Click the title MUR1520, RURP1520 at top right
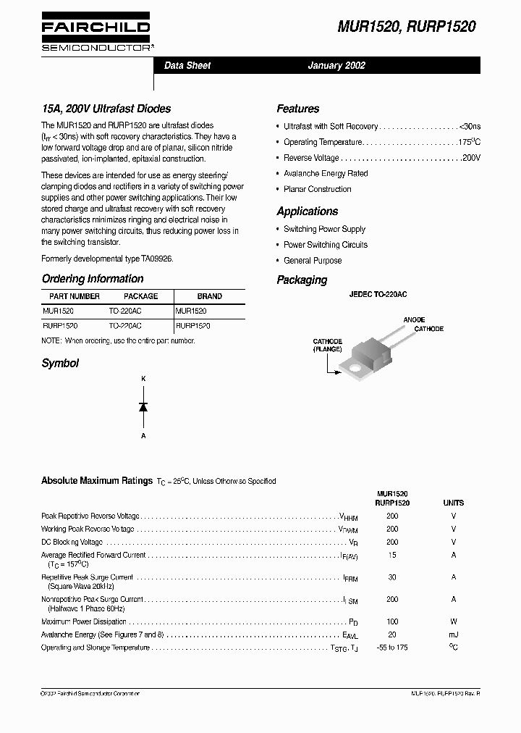coord(407,27)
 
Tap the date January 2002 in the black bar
coord(336,65)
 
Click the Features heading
coord(297,109)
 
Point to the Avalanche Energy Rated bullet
coord(326,174)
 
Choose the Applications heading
coord(307,211)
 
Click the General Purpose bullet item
coord(313,261)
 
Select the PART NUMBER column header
coord(75,296)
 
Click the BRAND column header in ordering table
coord(210,296)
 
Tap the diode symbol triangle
coord(143,407)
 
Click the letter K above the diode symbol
coord(143,379)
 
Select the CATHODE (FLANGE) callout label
coord(327,345)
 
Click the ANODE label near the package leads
coord(414,319)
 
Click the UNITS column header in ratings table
coord(454,503)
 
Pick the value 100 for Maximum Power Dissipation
coord(392,621)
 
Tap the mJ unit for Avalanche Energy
coord(454,634)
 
